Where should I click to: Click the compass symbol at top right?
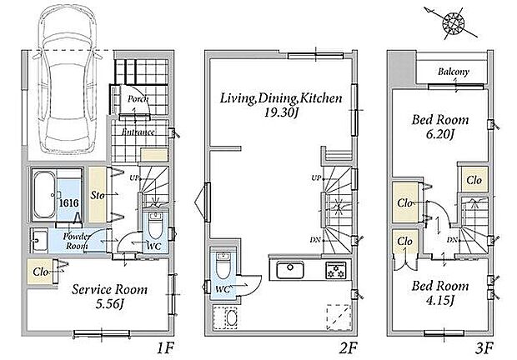[453, 23]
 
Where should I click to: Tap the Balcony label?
[454, 72]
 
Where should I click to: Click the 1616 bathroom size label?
[68, 202]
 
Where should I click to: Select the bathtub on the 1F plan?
[44, 195]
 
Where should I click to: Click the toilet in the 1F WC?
[154, 225]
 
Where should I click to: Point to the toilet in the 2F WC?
[222, 265]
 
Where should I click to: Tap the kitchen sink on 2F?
[290, 270]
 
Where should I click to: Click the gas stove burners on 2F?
[336, 270]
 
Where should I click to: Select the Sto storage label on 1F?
[98, 195]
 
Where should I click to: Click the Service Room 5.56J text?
[109, 297]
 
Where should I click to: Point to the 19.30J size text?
[281, 113]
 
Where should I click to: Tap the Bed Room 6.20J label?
[440, 127]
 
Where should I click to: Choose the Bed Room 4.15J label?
[440, 292]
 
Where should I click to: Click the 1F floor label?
[165, 347]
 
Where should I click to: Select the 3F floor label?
[484, 347]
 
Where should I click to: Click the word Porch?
[138, 99]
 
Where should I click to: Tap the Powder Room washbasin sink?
[39, 241]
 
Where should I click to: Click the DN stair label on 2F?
[315, 240]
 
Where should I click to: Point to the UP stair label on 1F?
[134, 177]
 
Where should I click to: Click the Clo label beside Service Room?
[41, 272]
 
